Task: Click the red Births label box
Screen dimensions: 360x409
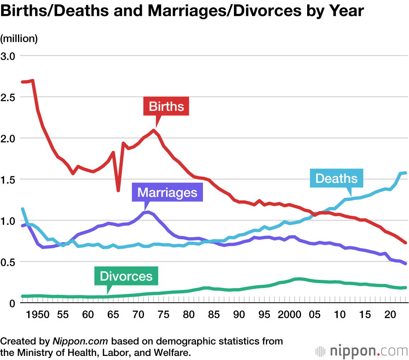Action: pyautogui.click(x=166, y=107)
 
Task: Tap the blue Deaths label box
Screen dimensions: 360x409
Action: pyautogui.click(x=336, y=178)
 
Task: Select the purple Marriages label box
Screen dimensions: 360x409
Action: pyautogui.click(x=167, y=192)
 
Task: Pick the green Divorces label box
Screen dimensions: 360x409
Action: pyautogui.click(x=126, y=276)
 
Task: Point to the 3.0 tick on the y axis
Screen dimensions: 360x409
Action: pyautogui.click(x=9, y=56)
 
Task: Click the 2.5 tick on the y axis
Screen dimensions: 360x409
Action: pyautogui.click(x=9, y=97)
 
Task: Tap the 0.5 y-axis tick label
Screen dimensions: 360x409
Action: pyautogui.click(x=9, y=262)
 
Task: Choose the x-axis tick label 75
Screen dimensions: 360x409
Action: pyautogui.click(x=163, y=315)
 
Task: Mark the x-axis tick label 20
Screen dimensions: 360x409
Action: pyautogui.click(x=390, y=315)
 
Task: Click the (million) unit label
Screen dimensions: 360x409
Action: pyautogui.click(x=19, y=38)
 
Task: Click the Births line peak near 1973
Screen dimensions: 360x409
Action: pyautogui.click(x=153, y=130)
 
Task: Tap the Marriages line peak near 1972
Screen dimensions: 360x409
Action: pyautogui.click(x=148, y=212)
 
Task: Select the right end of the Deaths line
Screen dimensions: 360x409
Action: pyautogui.click(x=405, y=173)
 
